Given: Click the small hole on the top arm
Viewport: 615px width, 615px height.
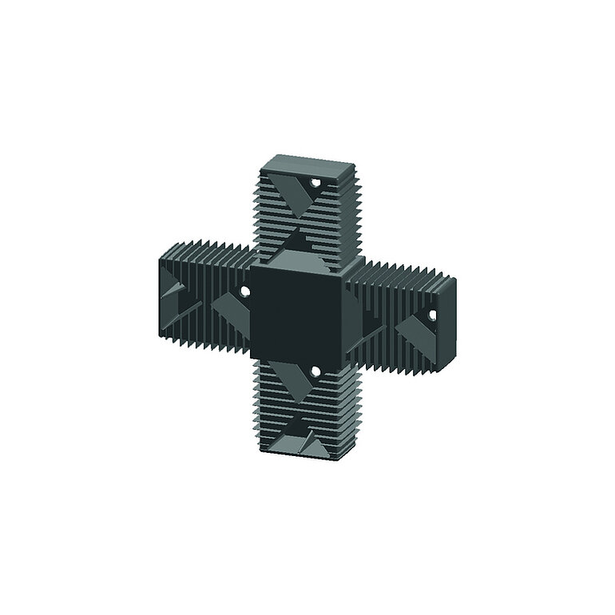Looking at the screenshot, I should coord(315,184).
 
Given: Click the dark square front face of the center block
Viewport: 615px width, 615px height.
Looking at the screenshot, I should coord(296,312).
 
